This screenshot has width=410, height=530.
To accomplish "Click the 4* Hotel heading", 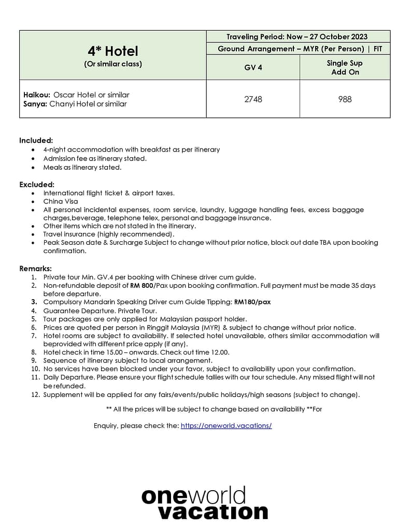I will tap(112, 51).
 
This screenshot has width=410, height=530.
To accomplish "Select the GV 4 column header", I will tap(253, 67).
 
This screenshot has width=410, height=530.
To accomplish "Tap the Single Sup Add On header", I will tap(345, 67).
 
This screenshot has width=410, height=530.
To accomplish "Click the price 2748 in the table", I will tap(253, 99).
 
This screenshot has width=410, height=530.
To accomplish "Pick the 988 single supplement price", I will tap(345, 99).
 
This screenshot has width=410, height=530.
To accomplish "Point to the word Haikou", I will tap(37, 95).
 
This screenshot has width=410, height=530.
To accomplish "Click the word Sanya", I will tap(35, 104).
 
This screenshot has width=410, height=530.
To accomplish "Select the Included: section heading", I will tap(36, 140).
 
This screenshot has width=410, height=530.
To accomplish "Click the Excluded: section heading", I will tap(37, 184).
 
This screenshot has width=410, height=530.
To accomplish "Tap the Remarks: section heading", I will tap(36, 269).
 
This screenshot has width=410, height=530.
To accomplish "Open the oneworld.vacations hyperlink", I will tap(226, 425).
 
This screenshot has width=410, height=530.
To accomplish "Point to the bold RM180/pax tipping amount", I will tap(252, 302).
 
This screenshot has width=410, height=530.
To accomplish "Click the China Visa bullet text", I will tap(61, 201).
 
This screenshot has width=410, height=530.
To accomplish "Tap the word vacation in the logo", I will tap(213, 511).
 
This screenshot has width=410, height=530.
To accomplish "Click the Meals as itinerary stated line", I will tap(82, 167).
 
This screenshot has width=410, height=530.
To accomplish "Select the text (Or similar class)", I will tap(112, 64).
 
